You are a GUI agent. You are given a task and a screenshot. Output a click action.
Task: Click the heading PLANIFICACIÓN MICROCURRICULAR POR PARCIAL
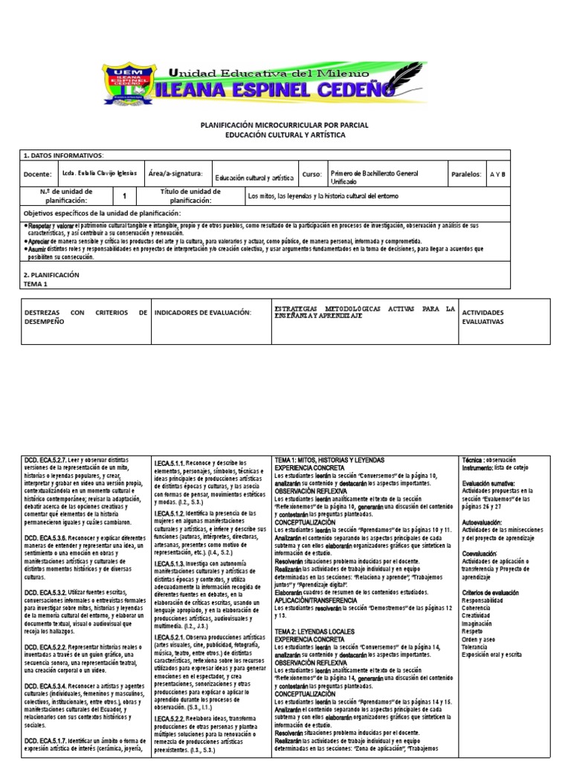(285, 126)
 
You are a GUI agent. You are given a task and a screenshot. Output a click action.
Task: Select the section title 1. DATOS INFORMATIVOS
(64, 155)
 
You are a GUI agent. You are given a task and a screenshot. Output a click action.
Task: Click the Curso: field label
(312, 174)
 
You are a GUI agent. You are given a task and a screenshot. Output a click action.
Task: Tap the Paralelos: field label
(466, 174)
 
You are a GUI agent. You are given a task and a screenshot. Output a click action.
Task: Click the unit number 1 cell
(124, 196)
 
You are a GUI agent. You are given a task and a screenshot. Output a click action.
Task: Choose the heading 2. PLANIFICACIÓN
(51, 274)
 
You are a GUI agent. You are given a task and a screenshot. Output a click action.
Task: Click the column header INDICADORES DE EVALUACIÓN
(202, 312)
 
